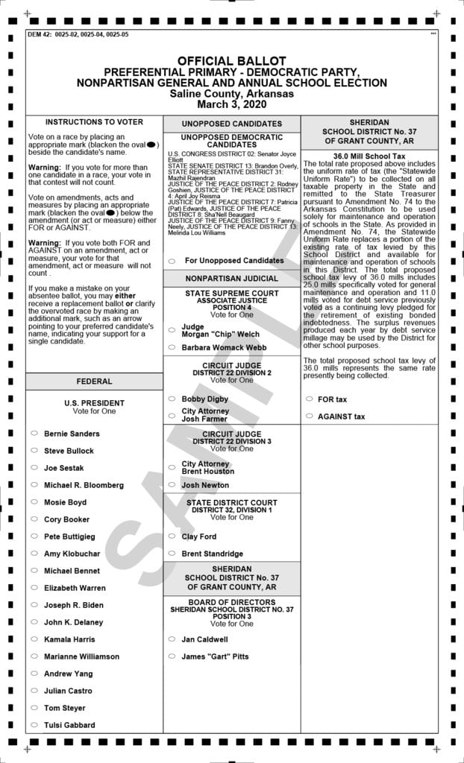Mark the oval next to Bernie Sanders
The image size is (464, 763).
(34, 433)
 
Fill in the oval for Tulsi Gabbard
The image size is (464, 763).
(34, 724)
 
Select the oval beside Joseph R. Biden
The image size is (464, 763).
(34, 604)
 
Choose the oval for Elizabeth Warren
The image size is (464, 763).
(34, 587)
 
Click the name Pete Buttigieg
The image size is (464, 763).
(69, 536)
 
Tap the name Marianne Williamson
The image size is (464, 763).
(81, 656)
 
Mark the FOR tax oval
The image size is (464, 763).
(309, 399)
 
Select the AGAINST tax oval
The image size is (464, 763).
(309, 417)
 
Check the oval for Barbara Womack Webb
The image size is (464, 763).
(172, 347)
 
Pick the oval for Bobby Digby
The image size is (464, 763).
(172, 399)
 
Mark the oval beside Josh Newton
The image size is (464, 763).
(172, 485)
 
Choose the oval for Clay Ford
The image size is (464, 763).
(172, 536)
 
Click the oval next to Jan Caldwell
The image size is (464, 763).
(172, 639)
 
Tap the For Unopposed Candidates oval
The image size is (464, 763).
(172, 261)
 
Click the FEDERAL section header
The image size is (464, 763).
(94, 381)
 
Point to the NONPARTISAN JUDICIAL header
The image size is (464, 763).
(231, 279)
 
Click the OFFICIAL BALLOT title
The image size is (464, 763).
(231, 60)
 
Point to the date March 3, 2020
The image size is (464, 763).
(231, 104)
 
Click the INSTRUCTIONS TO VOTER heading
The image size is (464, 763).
(94, 121)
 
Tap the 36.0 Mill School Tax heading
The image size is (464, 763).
(369, 156)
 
